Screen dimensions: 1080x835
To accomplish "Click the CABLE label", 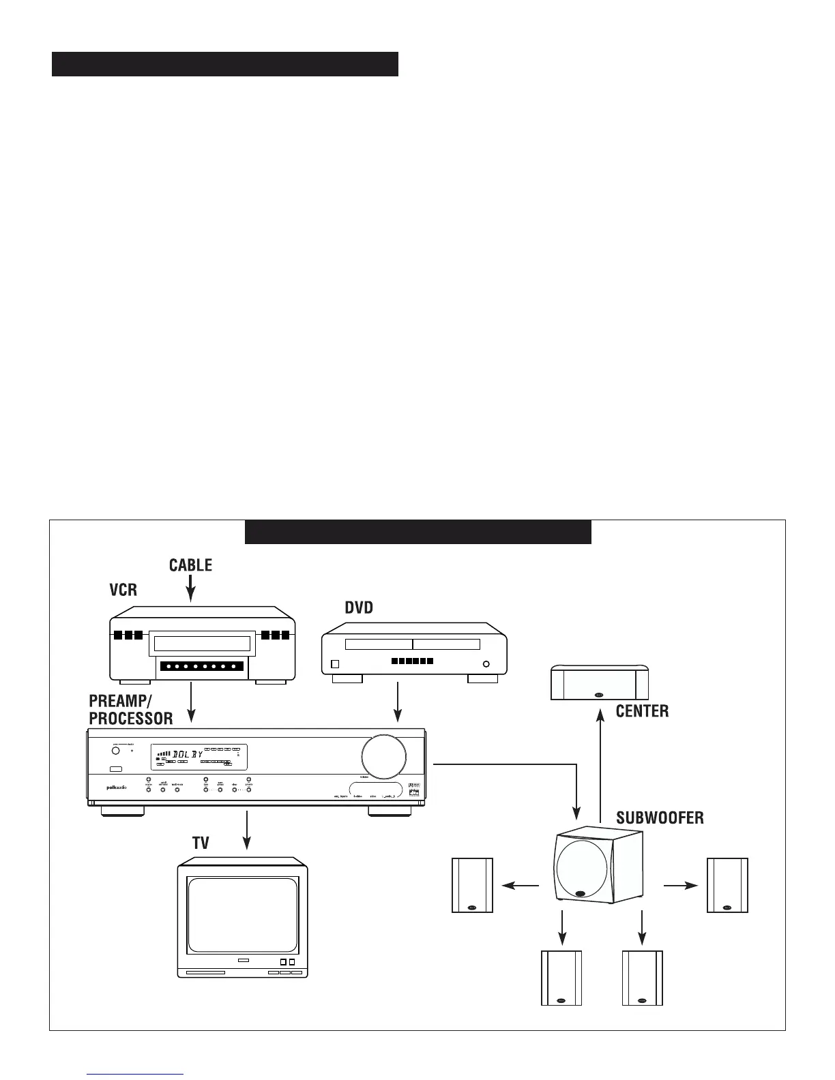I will [190, 565].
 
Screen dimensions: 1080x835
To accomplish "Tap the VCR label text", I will [123, 590].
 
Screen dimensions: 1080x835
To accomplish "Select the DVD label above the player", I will [359, 607].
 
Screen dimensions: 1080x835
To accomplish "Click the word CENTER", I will [642, 712].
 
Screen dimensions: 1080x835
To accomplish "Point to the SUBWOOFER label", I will [660, 817].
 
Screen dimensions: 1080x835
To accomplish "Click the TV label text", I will [201, 843].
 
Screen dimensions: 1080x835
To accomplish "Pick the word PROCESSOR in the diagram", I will [131, 719].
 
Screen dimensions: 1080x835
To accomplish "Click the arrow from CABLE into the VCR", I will [191, 588].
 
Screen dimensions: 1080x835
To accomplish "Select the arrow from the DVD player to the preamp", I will [397, 702].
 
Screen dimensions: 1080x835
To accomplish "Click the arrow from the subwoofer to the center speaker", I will [600, 764].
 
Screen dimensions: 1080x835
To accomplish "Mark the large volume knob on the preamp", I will [383, 756].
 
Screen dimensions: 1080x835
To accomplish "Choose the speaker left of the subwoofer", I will [472, 885].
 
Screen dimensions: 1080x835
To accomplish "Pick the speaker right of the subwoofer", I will [727, 885].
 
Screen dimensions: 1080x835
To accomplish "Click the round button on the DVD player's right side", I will [486, 664].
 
